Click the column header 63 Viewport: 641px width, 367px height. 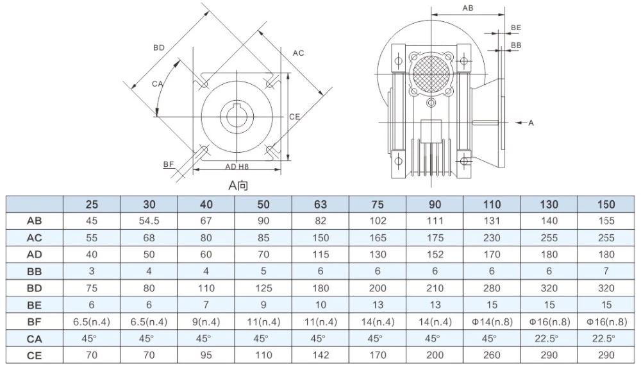tap(320, 205)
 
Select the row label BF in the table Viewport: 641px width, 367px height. tap(35, 321)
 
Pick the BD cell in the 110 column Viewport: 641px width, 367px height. tap(492, 288)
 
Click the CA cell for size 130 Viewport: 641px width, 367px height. tap(549, 338)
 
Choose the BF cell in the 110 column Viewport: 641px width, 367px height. tap(492, 321)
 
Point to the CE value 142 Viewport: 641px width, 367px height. tap(320, 355)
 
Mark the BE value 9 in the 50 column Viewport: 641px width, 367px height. tap(263, 305)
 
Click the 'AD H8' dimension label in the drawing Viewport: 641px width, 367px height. tap(237, 166)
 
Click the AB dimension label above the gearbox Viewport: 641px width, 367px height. tap(468, 8)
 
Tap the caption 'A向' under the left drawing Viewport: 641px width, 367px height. tap(238, 185)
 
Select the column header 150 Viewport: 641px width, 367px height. tap(606, 205)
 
